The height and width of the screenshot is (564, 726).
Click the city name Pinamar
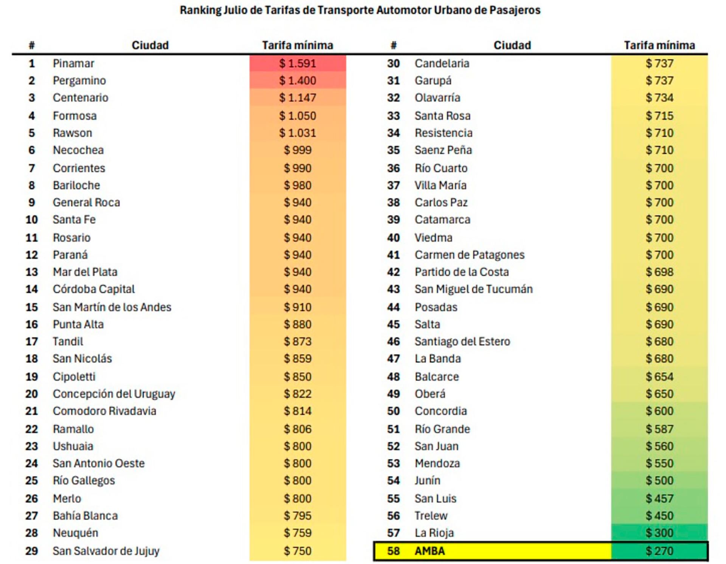coord(73,64)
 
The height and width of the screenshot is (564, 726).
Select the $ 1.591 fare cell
coord(298,64)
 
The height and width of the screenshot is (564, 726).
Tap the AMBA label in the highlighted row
coord(430,551)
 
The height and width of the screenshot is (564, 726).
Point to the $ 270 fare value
coord(659,551)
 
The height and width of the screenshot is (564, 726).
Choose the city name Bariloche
coord(76,185)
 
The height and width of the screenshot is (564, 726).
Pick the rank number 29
coord(32,551)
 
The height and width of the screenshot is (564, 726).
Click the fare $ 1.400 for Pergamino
coord(298,81)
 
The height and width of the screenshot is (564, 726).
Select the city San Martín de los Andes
coord(112,307)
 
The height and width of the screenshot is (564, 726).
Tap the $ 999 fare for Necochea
coord(298,150)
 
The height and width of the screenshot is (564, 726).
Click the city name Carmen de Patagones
coord(469,255)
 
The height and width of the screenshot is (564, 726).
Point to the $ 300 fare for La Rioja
coord(659,533)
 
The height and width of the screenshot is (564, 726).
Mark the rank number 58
coord(393,551)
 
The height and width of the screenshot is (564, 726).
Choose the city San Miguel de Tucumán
coord(473,289)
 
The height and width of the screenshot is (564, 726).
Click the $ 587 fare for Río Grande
coord(659,429)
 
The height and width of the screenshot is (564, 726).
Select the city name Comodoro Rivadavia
coord(104,411)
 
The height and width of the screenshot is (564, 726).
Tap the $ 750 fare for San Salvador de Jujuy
coord(298,551)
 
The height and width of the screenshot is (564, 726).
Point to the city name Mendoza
coord(437,463)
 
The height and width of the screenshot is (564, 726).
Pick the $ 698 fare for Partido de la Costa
coord(659,272)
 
